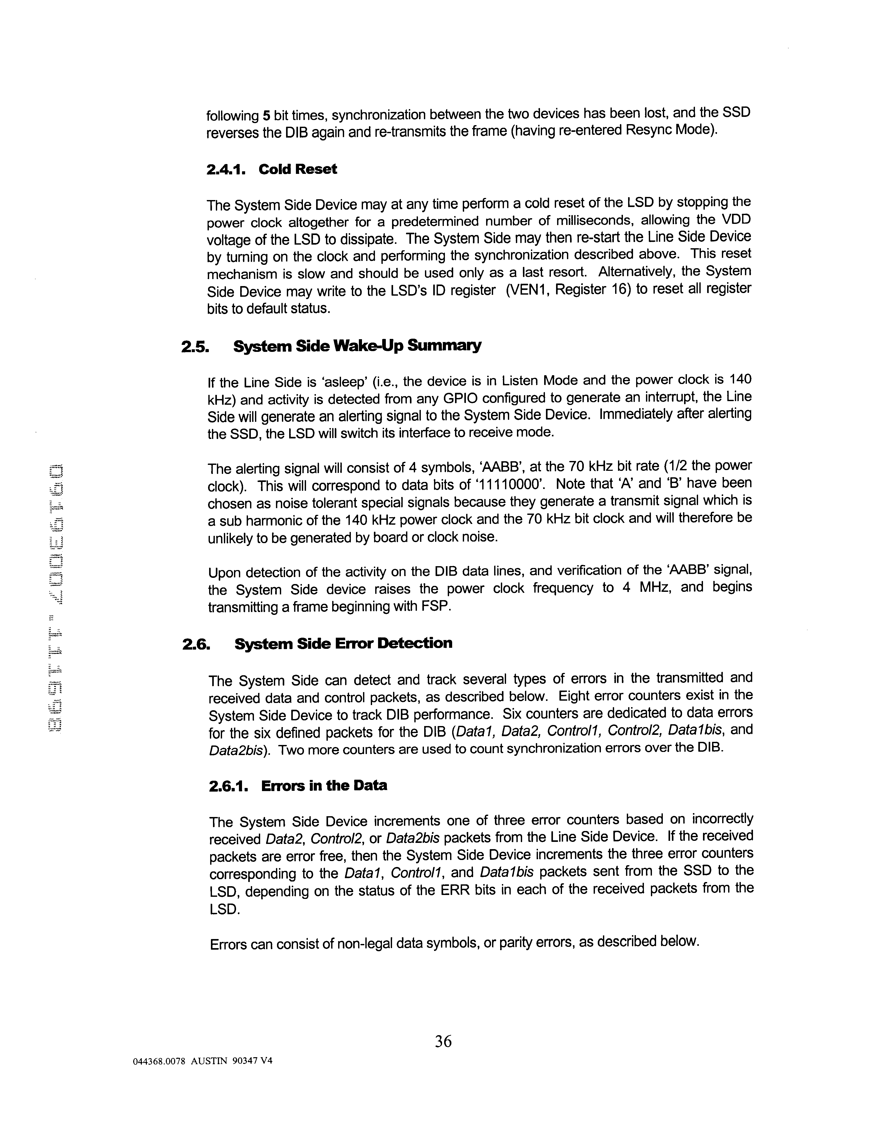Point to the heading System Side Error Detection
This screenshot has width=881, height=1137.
[x=343, y=643]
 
